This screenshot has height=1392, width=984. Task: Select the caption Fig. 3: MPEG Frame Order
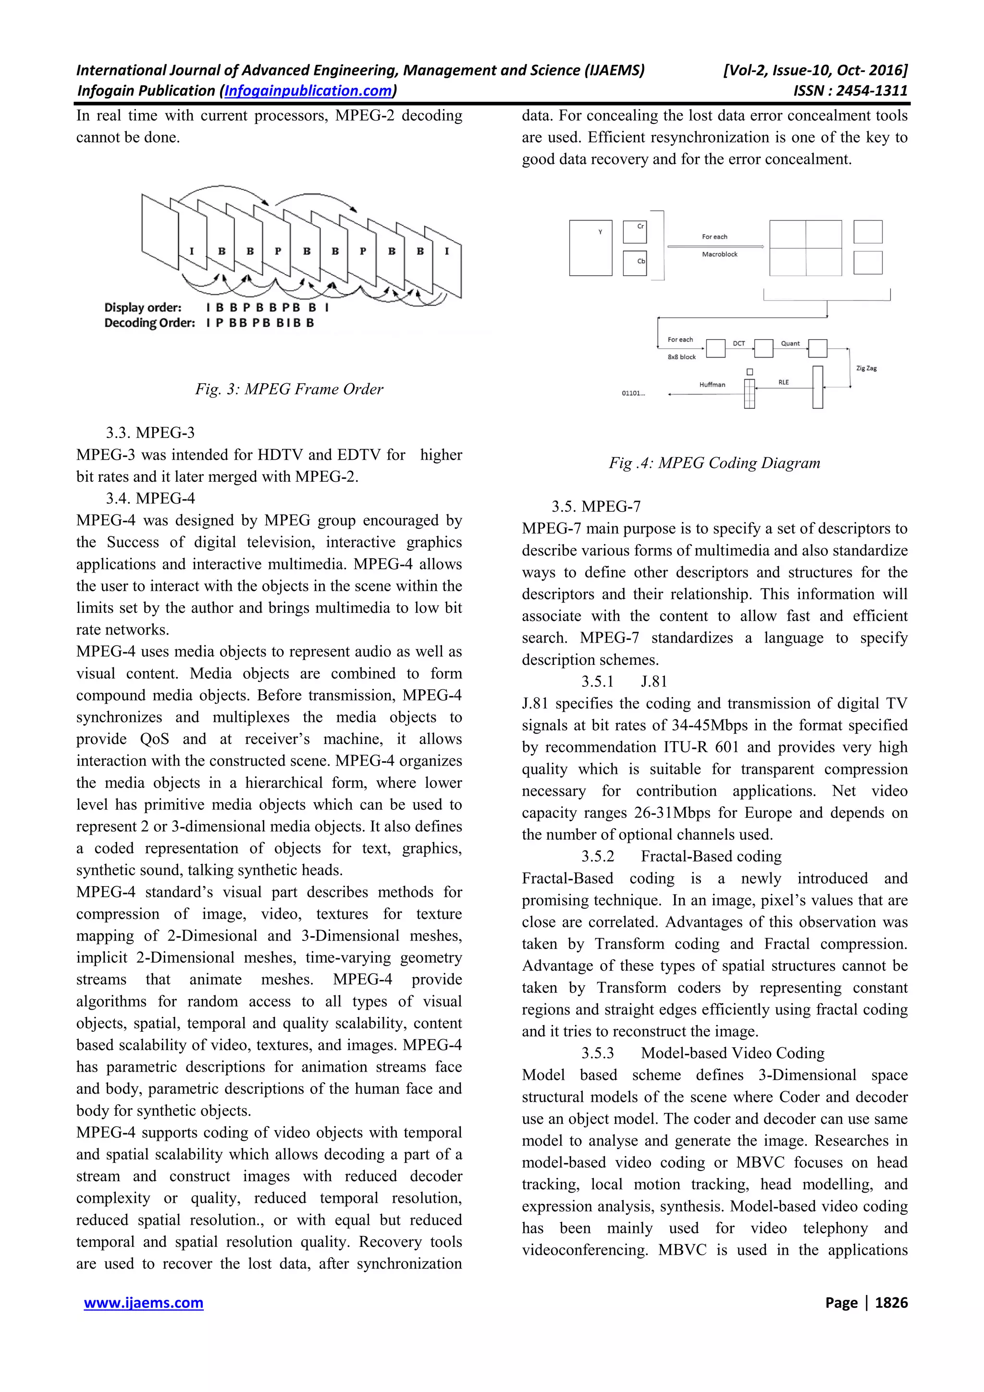(x=289, y=389)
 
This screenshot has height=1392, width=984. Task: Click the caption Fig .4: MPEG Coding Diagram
(x=714, y=463)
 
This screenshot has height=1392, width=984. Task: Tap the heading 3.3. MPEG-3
(x=150, y=432)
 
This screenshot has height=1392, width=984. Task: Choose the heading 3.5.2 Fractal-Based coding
(x=681, y=856)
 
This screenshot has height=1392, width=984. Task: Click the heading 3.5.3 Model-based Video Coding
(x=702, y=1053)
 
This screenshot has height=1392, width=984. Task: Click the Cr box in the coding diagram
(x=635, y=232)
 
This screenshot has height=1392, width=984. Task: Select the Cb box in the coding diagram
(x=635, y=263)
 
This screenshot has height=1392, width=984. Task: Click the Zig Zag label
(x=866, y=368)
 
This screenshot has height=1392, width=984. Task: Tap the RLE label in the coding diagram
(x=783, y=382)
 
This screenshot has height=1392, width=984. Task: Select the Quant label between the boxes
(x=790, y=343)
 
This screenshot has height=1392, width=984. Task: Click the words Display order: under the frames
(x=143, y=307)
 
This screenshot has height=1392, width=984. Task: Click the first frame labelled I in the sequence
(x=192, y=251)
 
